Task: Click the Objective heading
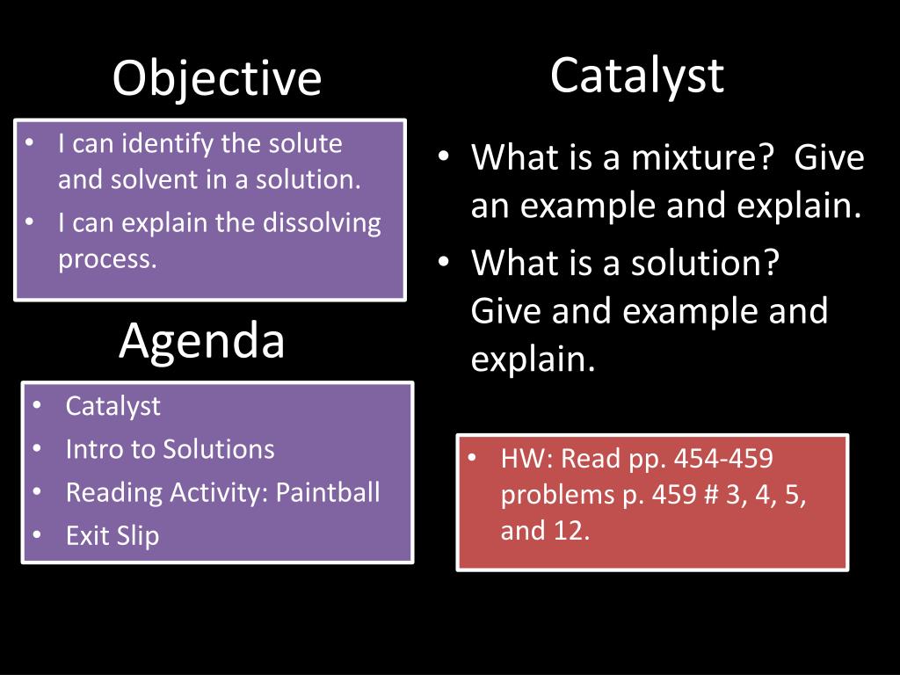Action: click(217, 79)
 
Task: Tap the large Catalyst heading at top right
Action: click(637, 76)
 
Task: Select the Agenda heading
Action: click(202, 341)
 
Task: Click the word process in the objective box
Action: click(105, 259)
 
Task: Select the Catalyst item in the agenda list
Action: click(113, 406)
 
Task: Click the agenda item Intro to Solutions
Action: click(170, 449)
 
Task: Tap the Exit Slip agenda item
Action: click(112, 535)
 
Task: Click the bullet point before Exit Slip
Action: click(37, 535)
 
